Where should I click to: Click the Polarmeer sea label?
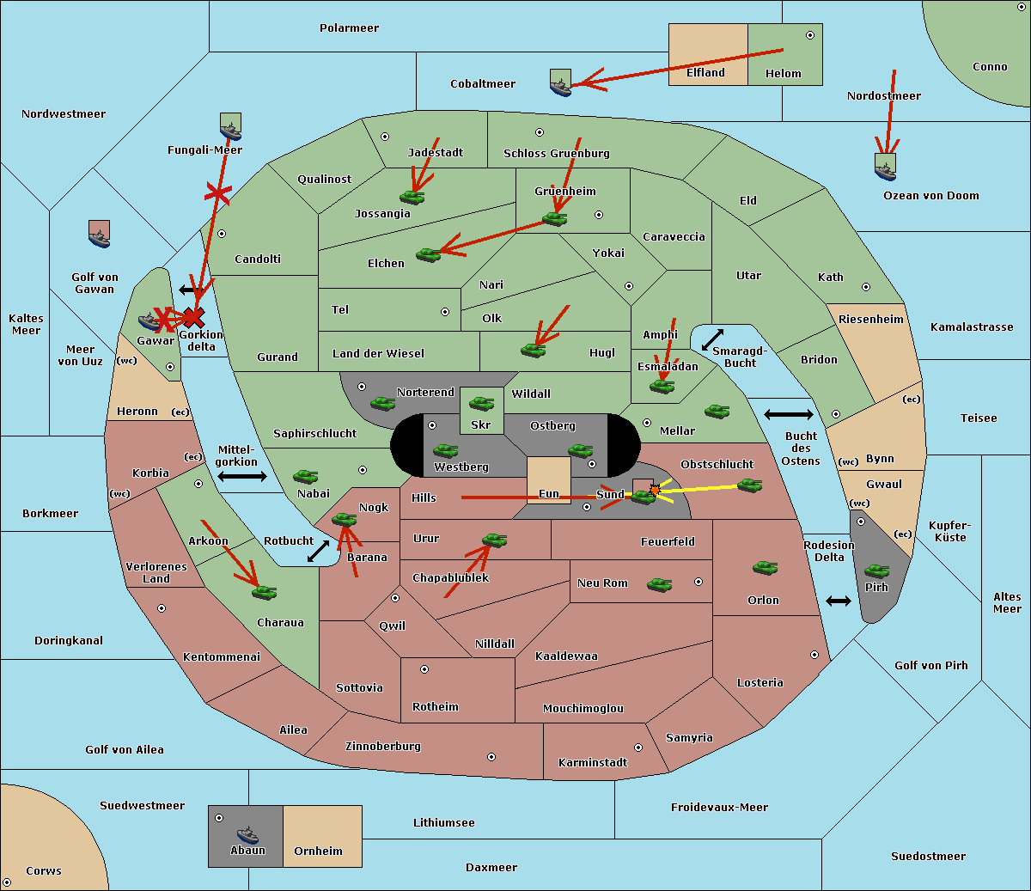pos(349,28)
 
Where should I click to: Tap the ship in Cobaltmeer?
pos(560,84)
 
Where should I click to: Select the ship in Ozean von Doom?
pos(885,167)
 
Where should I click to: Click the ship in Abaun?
pos(247,835)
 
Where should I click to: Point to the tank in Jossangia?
pos(412,197)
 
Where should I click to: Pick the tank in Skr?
pos(481,402)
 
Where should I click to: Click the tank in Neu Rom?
pos(659,585)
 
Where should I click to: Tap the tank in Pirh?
pos(876,571)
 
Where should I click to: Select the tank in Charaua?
pos(265,592)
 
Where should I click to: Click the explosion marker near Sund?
pos(655,490)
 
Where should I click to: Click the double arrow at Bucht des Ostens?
pos(788,415)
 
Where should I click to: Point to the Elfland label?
pos(705,73)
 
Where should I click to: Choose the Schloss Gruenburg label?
pos(556,154)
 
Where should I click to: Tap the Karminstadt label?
pos(593,763)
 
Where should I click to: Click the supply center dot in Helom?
pos(809,35)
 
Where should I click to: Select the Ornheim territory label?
pos(318,851)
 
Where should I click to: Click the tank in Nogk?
pos(345,520)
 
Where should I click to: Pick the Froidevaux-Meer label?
pos(719,808)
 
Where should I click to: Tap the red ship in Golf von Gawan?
pos(100,235)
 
